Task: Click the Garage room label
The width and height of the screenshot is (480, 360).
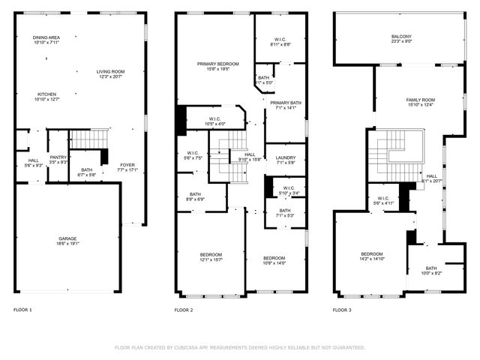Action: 67,238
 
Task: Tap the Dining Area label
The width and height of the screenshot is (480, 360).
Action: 46,37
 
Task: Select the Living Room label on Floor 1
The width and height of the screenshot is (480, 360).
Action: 110,72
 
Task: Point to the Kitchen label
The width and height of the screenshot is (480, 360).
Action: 46,94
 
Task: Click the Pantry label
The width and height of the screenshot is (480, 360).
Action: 58,157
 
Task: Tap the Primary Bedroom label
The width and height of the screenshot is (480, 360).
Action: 217,64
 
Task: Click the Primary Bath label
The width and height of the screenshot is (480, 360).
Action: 286,103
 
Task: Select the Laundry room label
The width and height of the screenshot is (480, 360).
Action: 286,157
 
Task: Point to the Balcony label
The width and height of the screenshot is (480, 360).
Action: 401,37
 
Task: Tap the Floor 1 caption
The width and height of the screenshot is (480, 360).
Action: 22,310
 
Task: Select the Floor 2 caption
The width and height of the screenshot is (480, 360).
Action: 184,310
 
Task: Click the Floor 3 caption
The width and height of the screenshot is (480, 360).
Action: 342,310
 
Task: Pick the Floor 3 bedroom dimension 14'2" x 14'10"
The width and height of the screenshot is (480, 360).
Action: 372,259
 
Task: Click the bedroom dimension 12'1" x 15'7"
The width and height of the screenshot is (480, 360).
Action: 210,259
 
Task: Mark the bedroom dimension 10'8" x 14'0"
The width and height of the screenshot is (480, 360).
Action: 274,263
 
